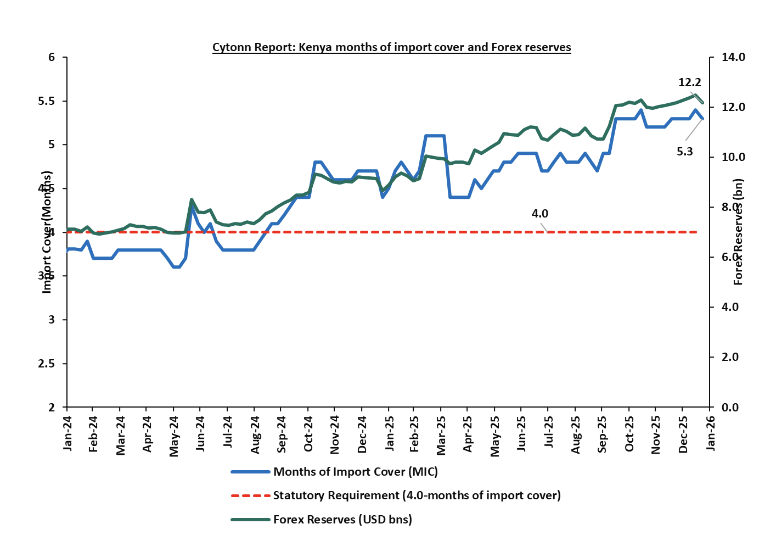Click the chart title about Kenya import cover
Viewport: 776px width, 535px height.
[391, 47]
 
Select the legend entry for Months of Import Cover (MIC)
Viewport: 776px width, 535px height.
[355, 472]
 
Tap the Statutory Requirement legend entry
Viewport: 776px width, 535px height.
[417, 495]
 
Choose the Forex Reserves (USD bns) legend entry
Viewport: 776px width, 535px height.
[342, 519]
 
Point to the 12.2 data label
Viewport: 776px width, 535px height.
[689, 83]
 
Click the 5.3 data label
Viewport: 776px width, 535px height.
[684, 152]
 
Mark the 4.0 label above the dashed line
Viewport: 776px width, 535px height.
[539, 214]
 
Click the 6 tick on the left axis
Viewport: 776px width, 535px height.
[52, 57]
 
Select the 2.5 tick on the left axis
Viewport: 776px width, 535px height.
[48, 364]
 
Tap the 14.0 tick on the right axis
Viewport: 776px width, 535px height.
[733, 57]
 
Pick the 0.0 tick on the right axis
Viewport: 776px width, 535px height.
[730, 408]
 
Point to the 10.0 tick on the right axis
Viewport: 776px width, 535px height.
[733, 157]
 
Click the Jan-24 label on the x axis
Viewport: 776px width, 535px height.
[68, 434]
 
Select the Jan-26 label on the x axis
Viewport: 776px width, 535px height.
[711, 434]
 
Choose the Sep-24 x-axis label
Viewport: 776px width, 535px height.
[282, 434]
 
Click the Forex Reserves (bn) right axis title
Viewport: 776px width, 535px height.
[738, 232]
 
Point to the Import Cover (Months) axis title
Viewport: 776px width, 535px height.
[47, 232]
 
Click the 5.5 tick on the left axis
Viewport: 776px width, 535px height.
[48, 101]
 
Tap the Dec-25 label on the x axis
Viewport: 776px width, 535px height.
[683, 434]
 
